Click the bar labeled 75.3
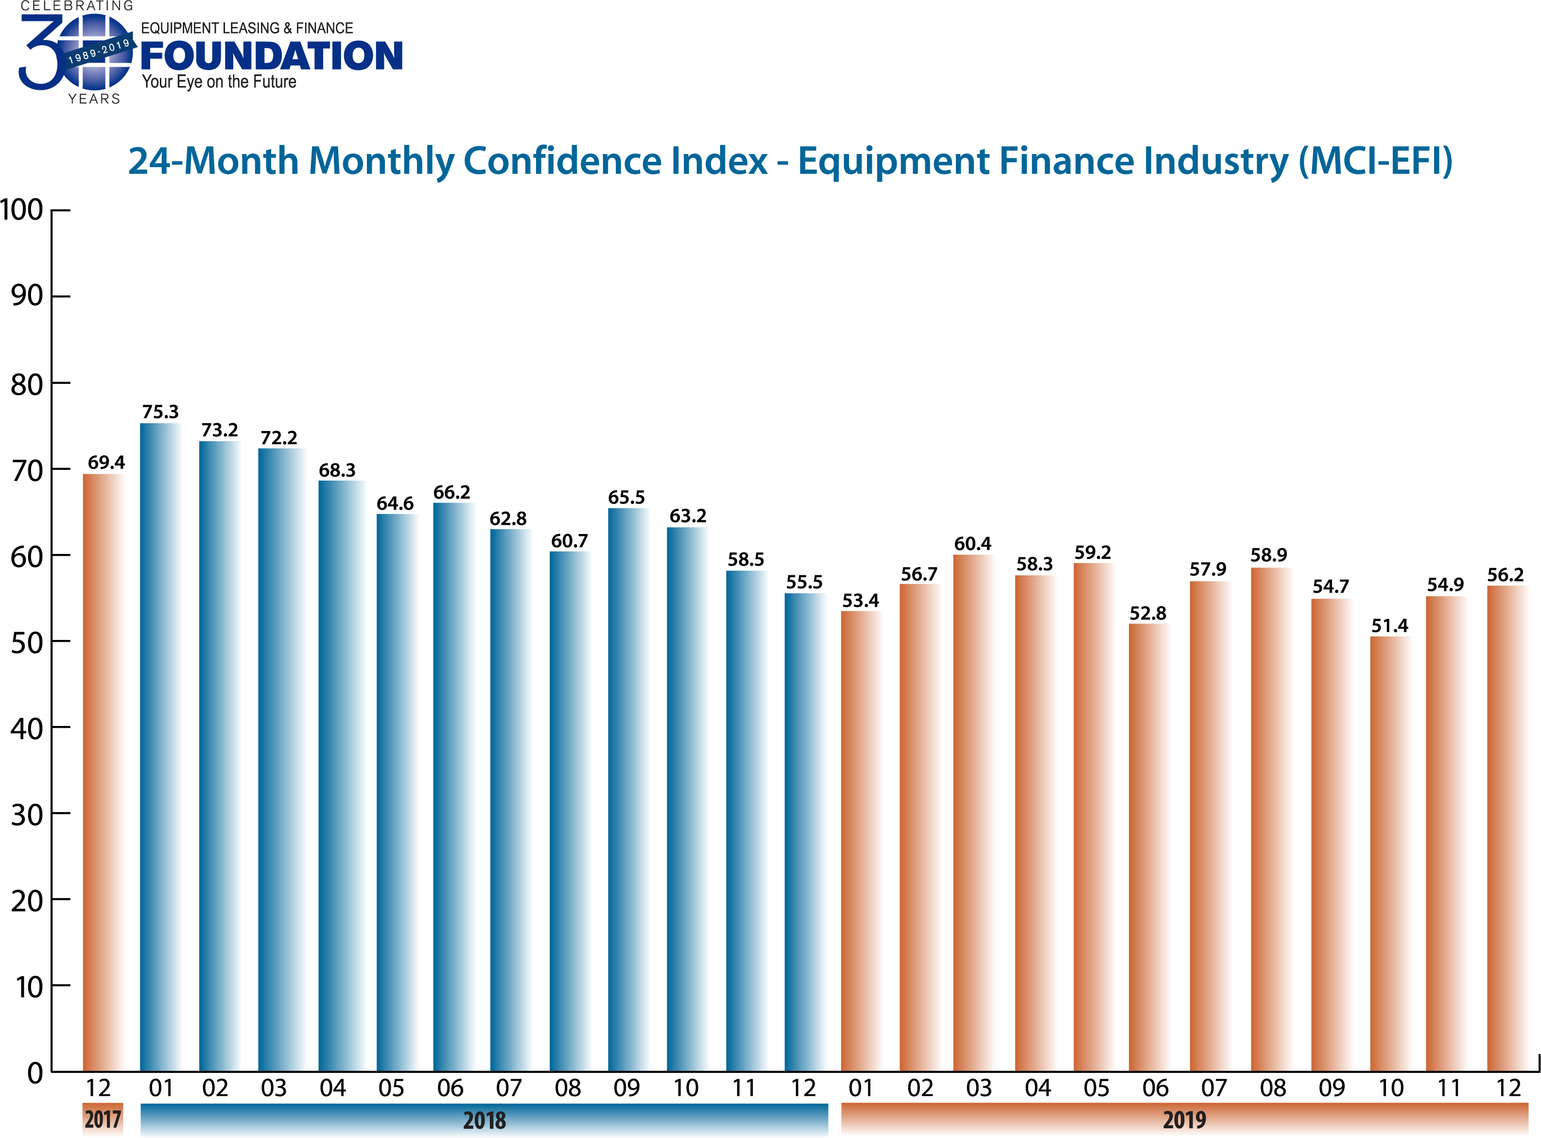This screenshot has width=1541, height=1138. point(160,747)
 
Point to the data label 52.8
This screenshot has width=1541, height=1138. point(1148,613)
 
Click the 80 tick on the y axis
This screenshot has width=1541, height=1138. point(28,384)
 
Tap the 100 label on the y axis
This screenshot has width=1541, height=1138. point(22,210)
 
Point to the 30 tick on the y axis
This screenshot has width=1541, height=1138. point(28,815)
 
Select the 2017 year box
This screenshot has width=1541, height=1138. point(103,1120)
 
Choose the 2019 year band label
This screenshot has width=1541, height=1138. point(1184,1120)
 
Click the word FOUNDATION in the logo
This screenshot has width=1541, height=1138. point(272,56)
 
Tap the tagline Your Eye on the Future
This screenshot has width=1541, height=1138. point(219,82)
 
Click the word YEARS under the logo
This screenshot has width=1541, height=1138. point(94,99)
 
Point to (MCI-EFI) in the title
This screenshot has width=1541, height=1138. point(1376,161)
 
